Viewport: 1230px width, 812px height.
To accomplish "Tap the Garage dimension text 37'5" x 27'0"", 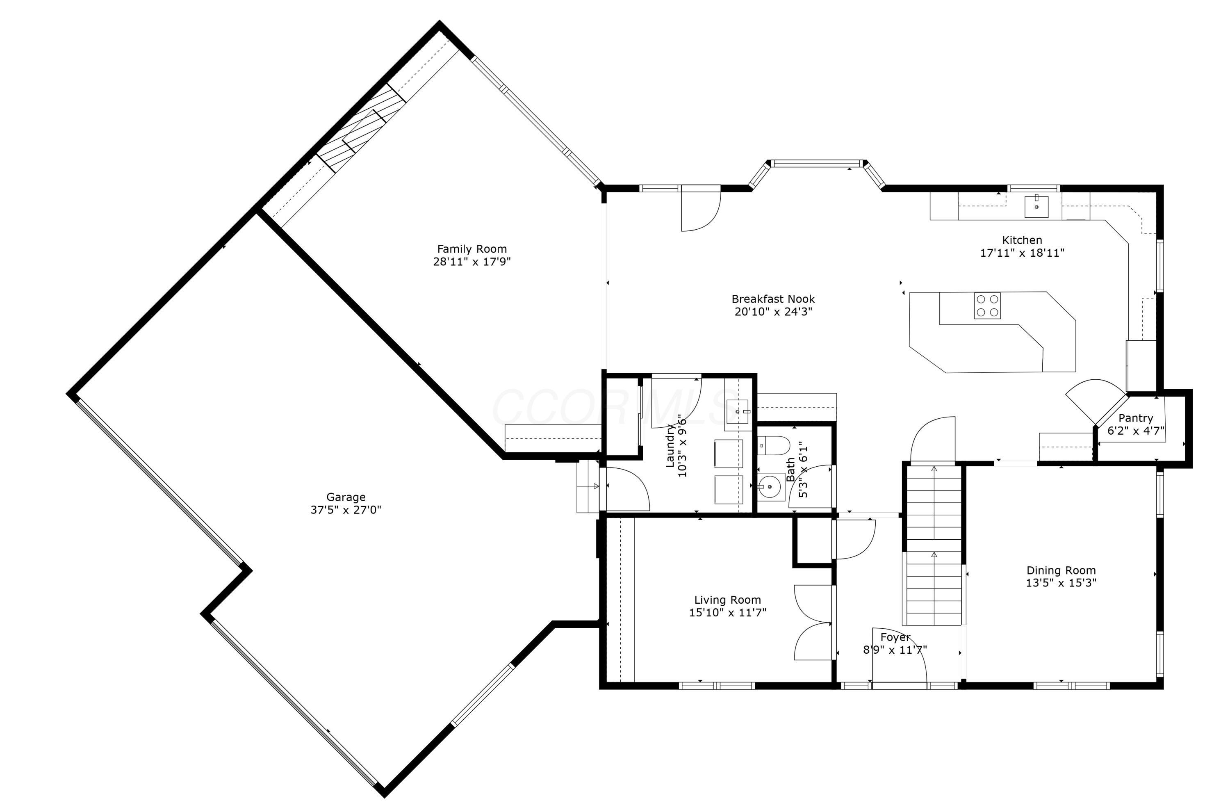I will tap(346, 510).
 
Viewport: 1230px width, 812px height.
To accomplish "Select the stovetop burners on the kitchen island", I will tap(987, 306).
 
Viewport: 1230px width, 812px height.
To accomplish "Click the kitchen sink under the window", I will tap(1037, 207).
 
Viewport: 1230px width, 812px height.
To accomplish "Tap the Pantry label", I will tap(1135, 418).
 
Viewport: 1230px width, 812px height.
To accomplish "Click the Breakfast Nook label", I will tap(773, 299).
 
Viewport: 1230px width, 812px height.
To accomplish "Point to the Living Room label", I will tap(727, 600).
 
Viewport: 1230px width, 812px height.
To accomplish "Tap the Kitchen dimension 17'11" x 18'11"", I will tap(1022, 253).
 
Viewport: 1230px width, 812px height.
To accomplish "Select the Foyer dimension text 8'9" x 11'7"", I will tap(895, 649).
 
